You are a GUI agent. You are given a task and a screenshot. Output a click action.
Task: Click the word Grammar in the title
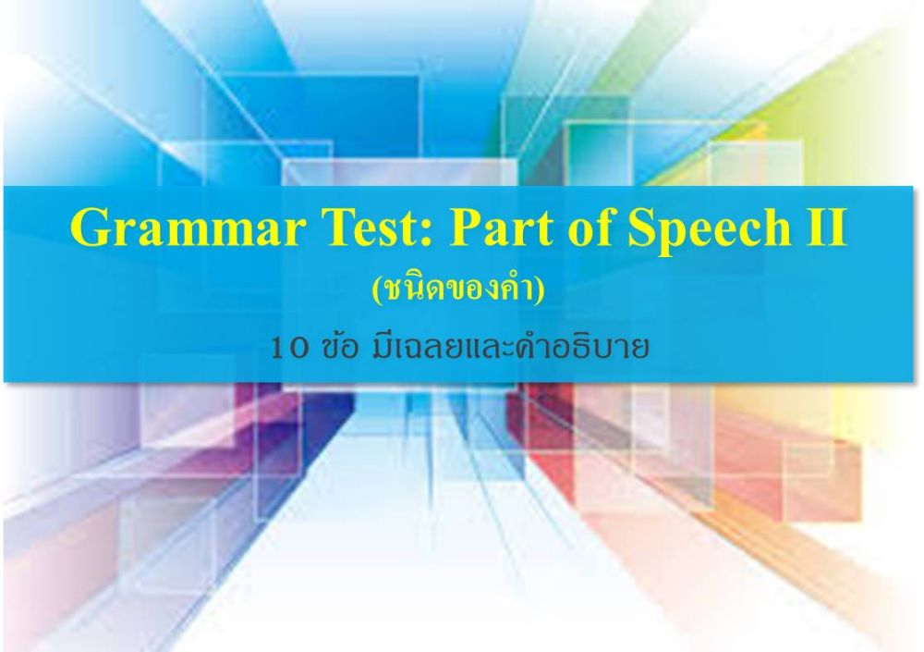(188, 228)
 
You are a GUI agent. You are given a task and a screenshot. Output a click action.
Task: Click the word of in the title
(591, 227)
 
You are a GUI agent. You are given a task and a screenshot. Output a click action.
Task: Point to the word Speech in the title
(710, 230)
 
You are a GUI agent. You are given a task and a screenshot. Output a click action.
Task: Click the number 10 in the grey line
(289, 348)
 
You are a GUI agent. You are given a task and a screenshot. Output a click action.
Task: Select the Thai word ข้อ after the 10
(341, 346)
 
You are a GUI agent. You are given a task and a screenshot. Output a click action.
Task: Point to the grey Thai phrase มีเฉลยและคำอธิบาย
(510, 346)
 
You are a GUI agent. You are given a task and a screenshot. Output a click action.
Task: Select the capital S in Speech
(642, 228)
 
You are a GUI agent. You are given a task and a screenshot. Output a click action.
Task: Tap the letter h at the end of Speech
(777, 227)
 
